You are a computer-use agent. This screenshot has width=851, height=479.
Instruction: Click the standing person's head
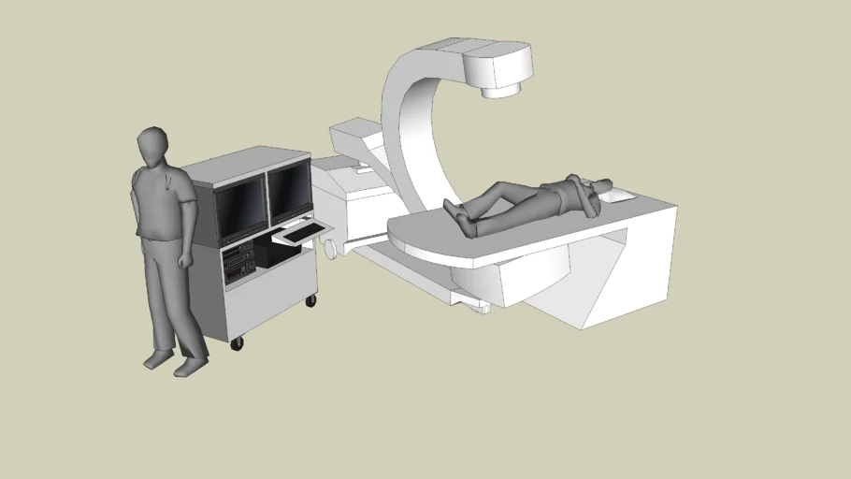[152, 147]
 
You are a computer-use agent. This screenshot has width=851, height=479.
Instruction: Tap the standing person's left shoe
[191, 368]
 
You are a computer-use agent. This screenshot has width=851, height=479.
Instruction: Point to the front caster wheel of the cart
[237, 343]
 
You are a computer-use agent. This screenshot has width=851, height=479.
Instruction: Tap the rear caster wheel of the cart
[311, 300]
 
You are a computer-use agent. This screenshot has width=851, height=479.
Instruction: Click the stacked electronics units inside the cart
[238, 263]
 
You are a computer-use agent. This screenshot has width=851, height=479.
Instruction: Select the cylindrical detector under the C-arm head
[500, 89]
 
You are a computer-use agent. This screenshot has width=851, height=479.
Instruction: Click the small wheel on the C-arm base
[331, 248]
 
